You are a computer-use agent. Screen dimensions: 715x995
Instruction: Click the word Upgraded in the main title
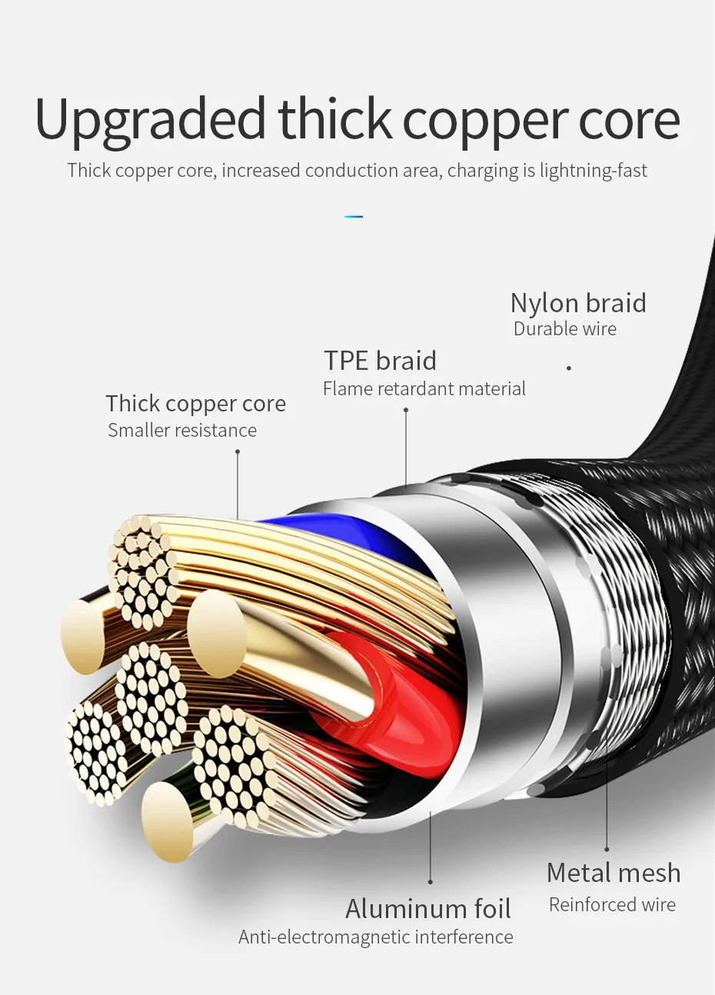coord(149,120)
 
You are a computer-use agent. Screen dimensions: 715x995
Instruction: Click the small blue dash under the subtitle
coord(354,217)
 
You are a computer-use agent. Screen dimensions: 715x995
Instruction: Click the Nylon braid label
coord(578,303)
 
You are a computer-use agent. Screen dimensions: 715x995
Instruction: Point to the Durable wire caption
coord(565,329)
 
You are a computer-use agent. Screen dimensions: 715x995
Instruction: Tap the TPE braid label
coord(380,361)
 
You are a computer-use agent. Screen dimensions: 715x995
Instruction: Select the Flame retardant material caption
coord(424,389)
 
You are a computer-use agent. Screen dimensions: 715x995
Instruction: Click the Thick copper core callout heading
coord(195,404)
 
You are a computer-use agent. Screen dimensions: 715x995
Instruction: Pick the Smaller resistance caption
coord(182,431)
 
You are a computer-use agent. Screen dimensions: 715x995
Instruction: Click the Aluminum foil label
coord(428,909)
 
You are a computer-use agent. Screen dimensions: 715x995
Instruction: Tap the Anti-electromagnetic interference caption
coord(376,937)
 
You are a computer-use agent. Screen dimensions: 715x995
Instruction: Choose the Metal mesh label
coord(614,873)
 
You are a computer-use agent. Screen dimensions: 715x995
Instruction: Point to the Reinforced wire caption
coord(612,905)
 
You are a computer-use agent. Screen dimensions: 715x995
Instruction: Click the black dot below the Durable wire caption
coord(569,368)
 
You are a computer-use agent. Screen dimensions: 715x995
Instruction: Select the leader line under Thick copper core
coord(238,484)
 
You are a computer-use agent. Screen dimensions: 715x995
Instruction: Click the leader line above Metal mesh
coord(607,800)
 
